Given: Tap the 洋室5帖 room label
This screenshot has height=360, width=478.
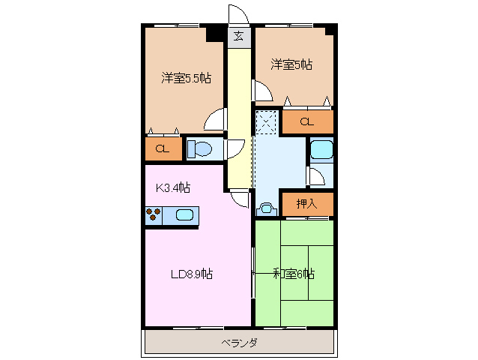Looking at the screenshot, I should coord(291,65).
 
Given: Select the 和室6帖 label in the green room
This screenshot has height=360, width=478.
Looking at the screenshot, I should coord(293,274).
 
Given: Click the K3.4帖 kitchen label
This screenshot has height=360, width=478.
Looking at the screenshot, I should coord(172,187).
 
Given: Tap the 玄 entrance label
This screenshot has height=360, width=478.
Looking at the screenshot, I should coord(238,35).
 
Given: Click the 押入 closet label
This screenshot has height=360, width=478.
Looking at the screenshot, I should coord(306,202).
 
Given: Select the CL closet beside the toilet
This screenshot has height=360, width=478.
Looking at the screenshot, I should coord(163,148).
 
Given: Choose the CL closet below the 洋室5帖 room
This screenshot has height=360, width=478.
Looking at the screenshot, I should coord(307,121).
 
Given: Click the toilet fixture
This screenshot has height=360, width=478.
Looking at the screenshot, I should coord(200,148).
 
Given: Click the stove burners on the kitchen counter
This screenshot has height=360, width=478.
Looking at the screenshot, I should coord(154,216).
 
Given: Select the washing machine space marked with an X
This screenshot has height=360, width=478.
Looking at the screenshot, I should coord(267,122).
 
